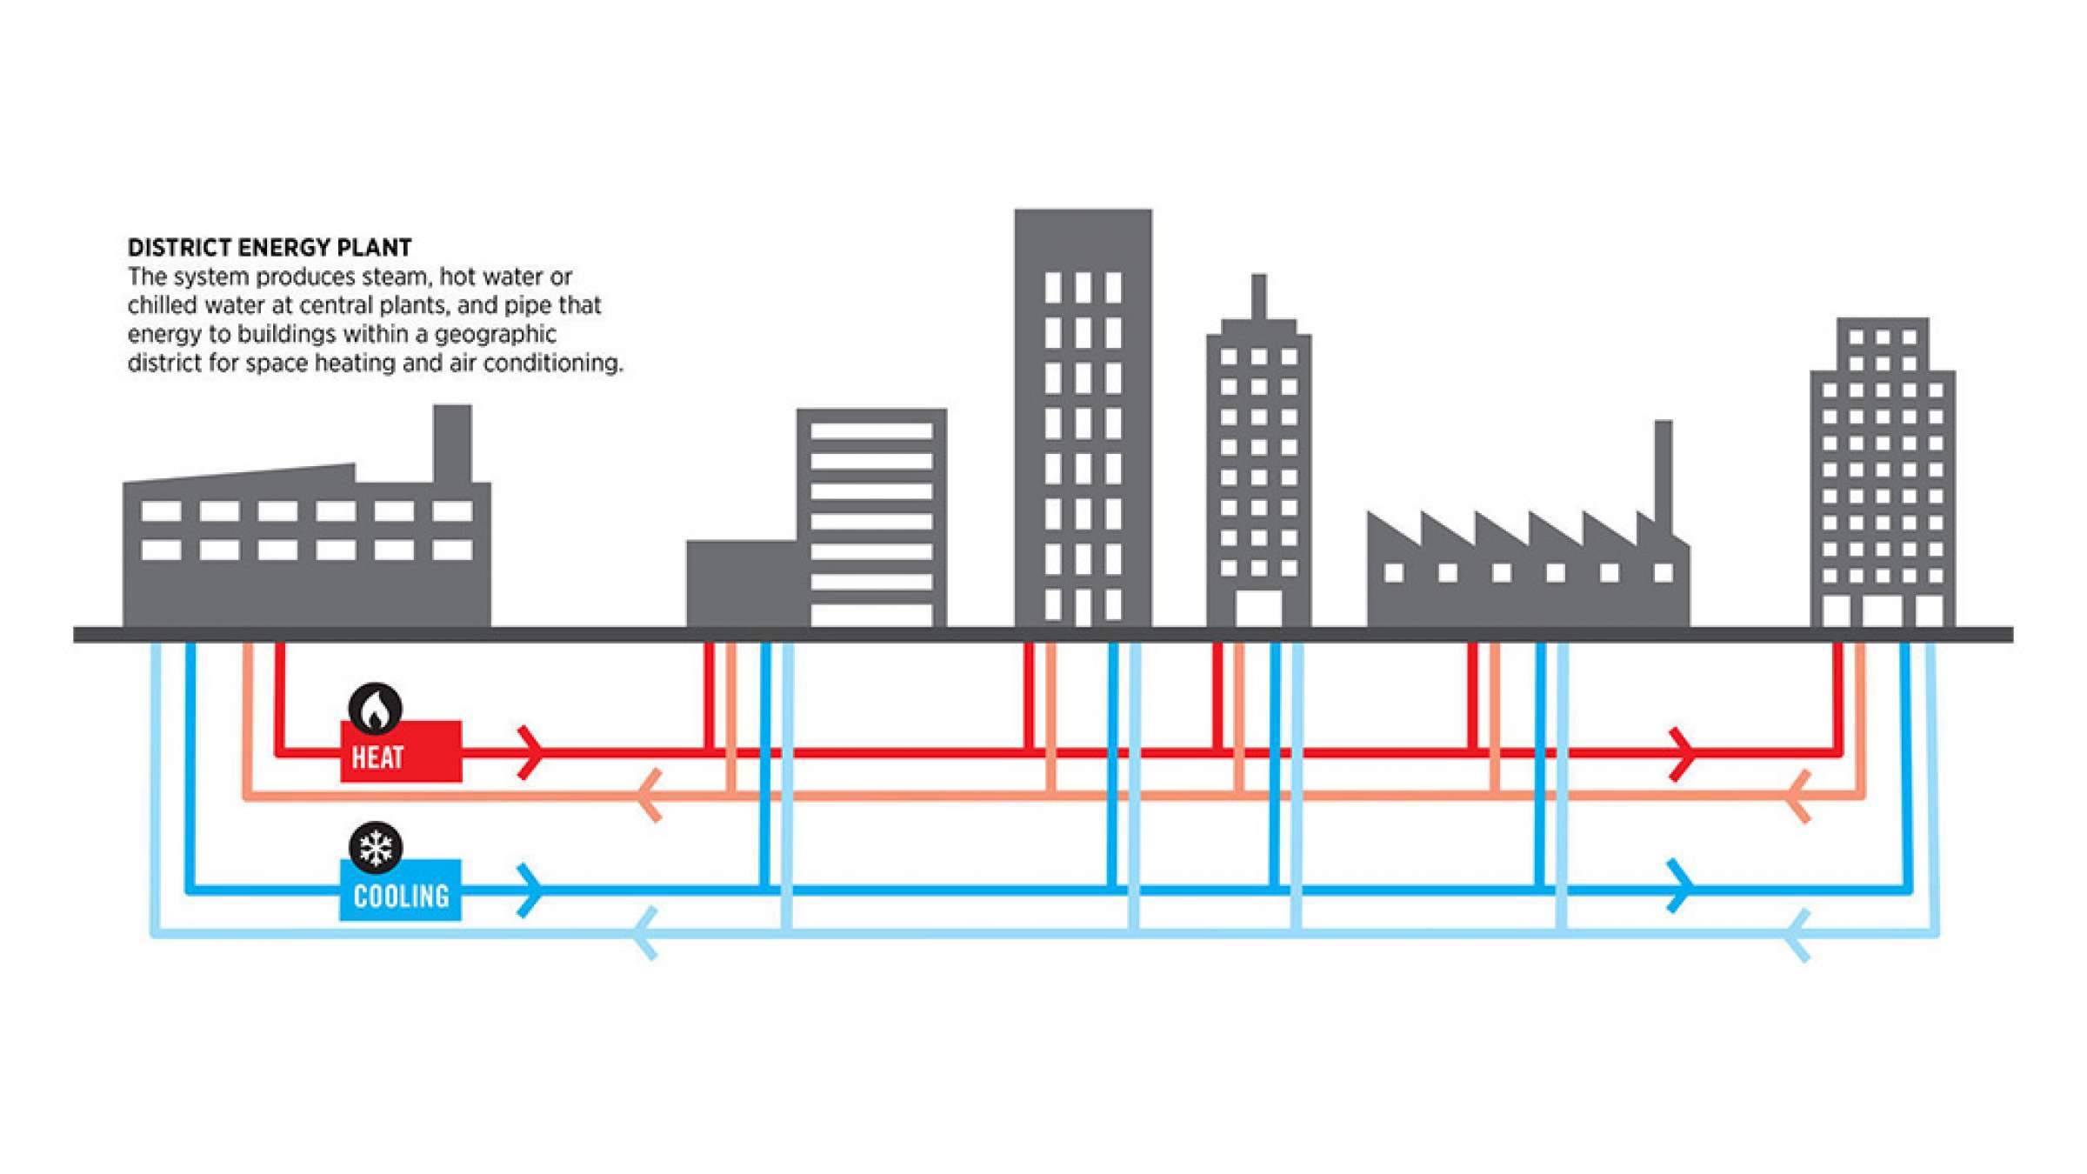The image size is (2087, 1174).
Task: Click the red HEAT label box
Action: pyautogui.click(x=400, y=751)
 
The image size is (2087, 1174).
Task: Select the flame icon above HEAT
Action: pyautogui.click(x=375, y=708)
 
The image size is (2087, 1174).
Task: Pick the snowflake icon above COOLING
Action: pyautogui.click(x=375, y=847)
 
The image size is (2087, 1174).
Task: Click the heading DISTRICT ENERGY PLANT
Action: pyautogui.click(x=270, y=248)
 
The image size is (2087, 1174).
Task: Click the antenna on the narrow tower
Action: pyautogui.click(x=1258, y=296)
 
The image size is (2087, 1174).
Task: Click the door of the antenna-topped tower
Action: pyautogui.click(x=1258, y=608)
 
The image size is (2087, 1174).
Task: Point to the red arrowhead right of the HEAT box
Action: pyautogui.click(x=530, y=752)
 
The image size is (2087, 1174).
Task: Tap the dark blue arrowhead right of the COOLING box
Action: pyautogui.click(x=530, y=891)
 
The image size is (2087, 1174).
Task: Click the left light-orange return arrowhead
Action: pyautogui.click(x=650, y=795)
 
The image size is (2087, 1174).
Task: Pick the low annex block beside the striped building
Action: pyautogui.click(x=741, y=583)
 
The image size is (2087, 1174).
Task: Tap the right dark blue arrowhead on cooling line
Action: pyautogui.click(x=1680, y=887)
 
